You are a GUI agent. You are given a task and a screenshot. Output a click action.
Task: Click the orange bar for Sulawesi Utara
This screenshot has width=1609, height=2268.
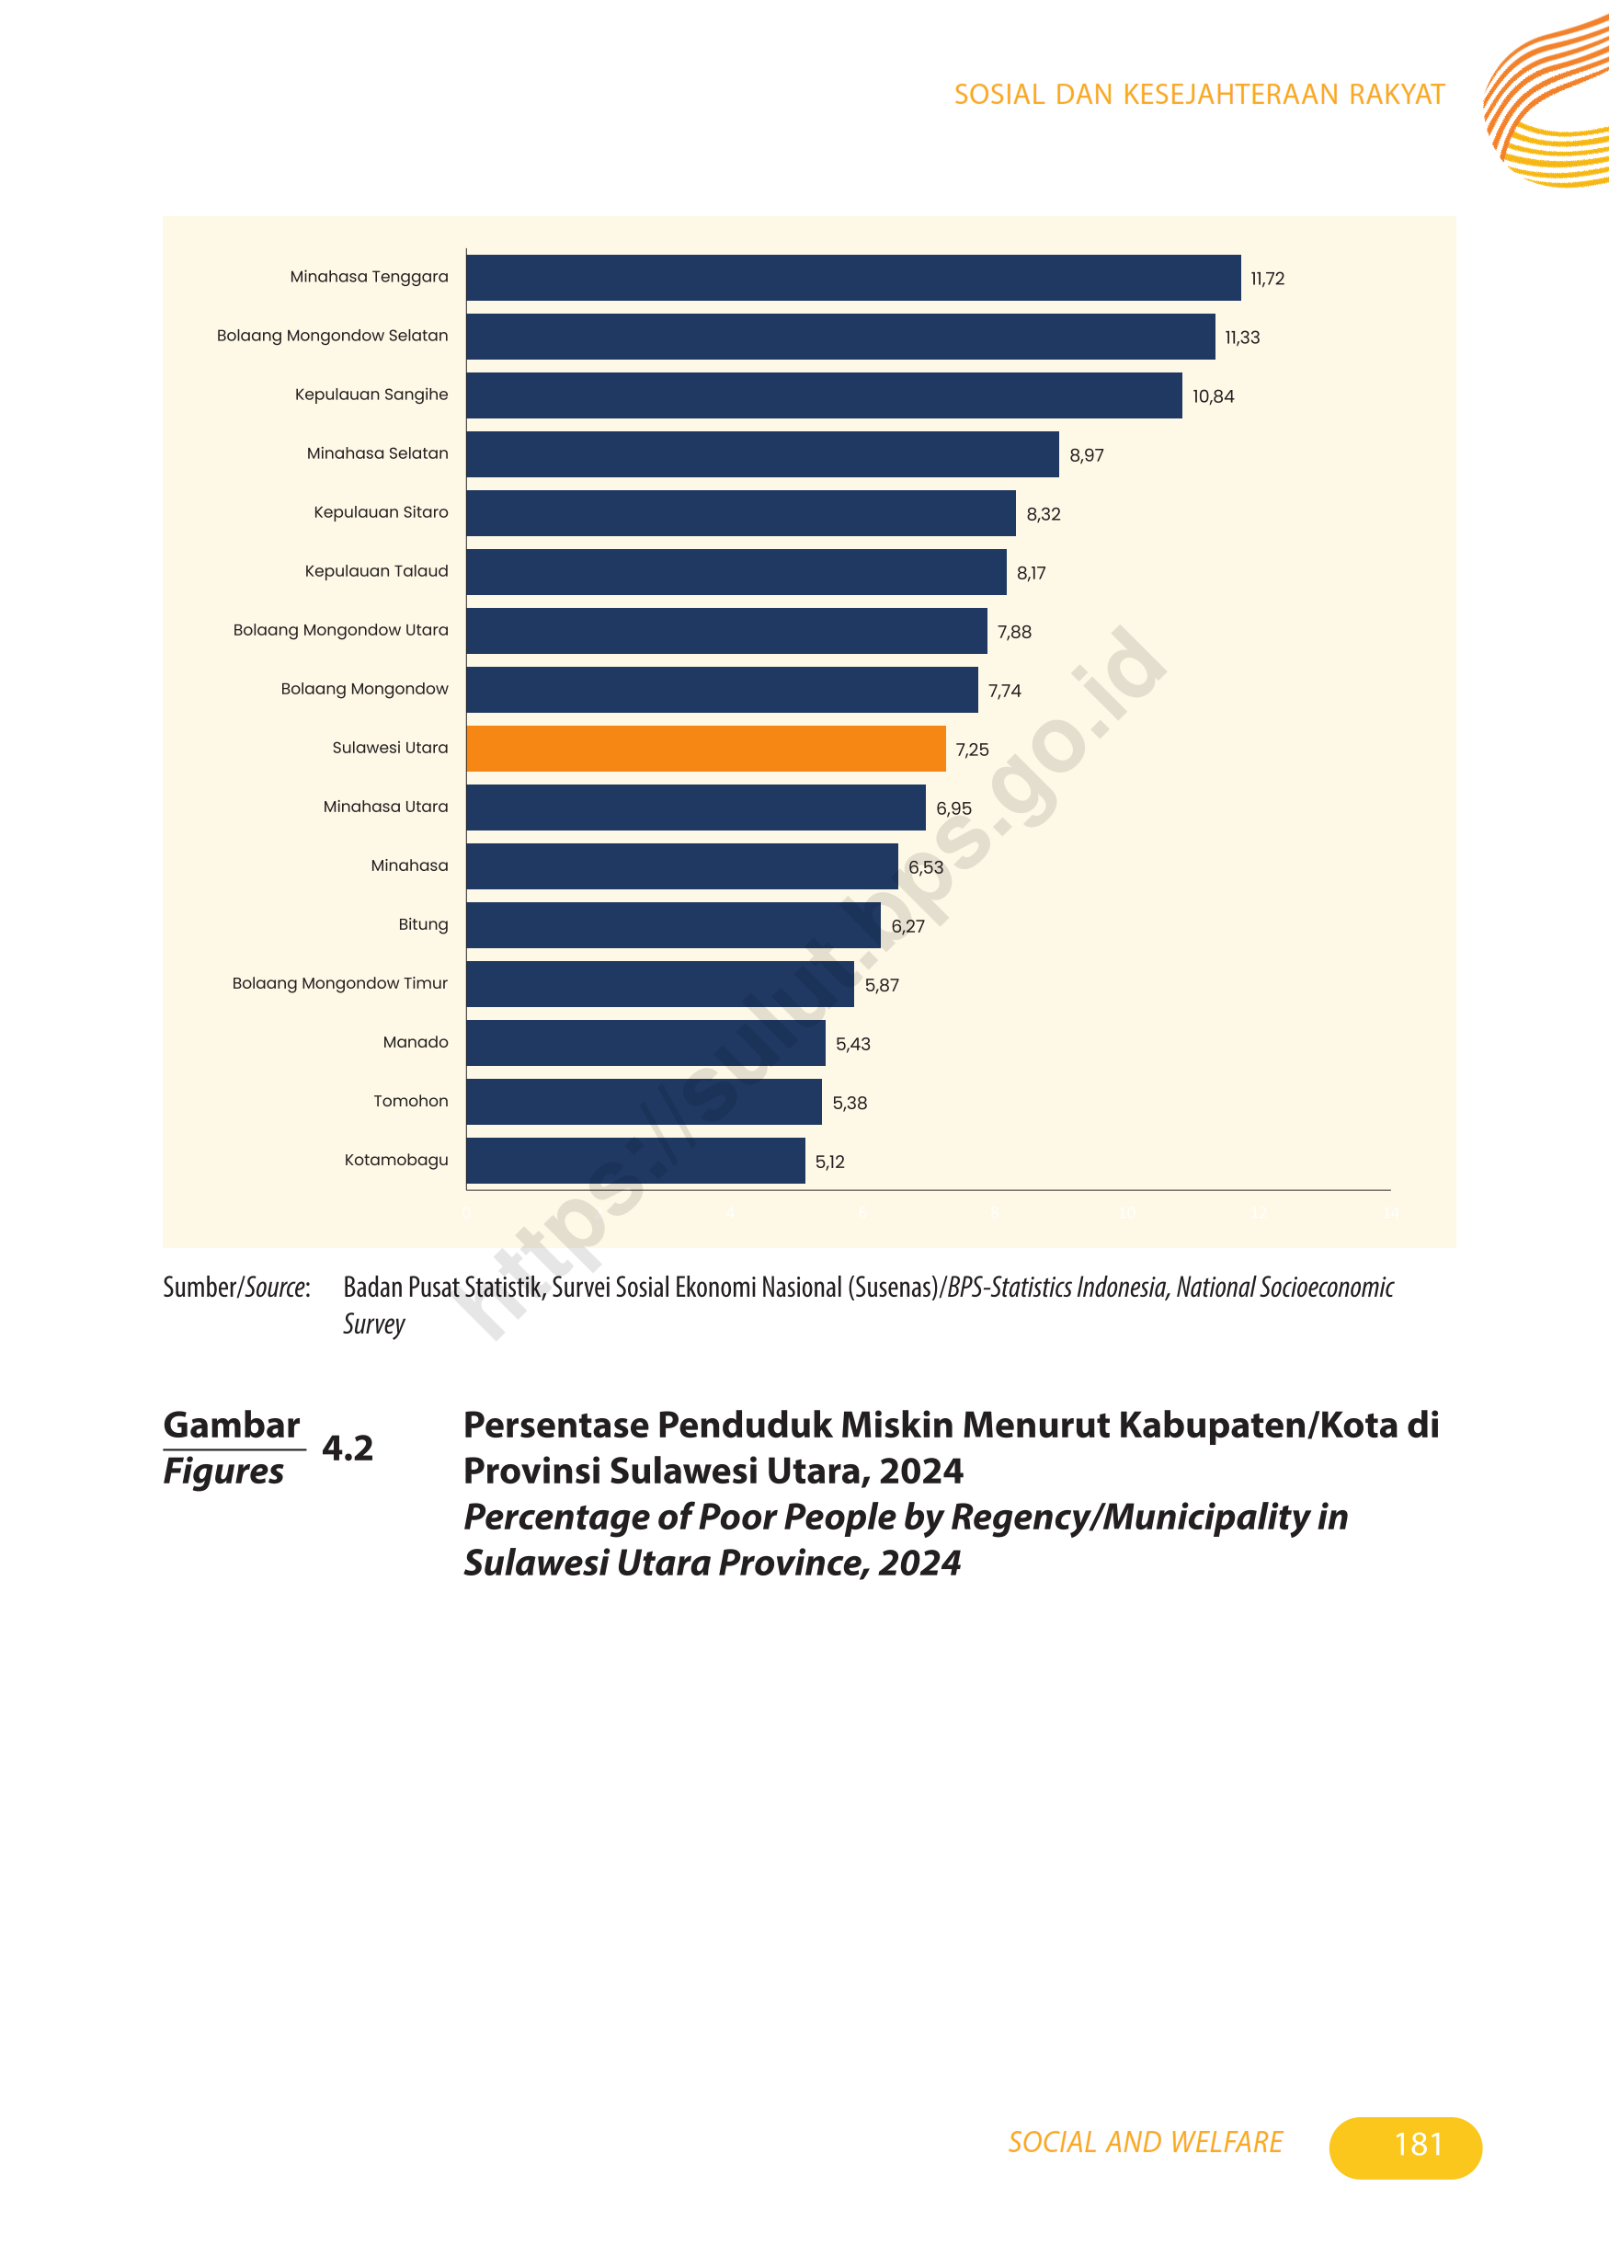(705, 748)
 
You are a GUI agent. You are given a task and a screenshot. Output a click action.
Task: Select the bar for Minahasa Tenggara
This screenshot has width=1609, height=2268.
(852, 278)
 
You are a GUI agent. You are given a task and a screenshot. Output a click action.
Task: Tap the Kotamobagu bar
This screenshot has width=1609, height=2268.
(635, 1161)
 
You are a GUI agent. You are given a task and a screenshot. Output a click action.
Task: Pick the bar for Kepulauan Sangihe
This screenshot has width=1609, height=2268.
(823, 395)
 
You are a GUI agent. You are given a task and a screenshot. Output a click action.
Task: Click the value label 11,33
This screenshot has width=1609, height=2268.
(1241, 338)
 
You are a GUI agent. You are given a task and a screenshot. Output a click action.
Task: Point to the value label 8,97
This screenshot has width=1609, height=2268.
(1086, 456)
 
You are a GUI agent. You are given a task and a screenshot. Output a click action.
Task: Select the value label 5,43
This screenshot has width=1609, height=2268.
(852, 1045)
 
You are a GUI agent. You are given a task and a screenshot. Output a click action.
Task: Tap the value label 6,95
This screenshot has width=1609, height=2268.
(953, 808)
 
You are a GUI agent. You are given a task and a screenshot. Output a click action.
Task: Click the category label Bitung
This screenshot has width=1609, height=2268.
(423, 924)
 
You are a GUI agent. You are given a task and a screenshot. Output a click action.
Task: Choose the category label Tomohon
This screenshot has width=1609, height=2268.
(410, 1101)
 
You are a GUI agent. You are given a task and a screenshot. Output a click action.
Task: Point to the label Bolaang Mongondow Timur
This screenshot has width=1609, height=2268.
(340, 983)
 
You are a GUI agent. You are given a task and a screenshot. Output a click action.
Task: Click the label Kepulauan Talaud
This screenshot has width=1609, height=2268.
(375, 571)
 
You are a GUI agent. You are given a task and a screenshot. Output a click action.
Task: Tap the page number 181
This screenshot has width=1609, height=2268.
(1417, 2144)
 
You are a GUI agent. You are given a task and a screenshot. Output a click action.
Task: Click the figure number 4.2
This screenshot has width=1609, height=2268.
(348, 1448)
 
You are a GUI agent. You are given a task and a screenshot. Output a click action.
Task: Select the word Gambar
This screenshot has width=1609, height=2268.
(231, 1425)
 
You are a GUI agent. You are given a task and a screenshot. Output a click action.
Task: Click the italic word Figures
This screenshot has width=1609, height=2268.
(224, 1472)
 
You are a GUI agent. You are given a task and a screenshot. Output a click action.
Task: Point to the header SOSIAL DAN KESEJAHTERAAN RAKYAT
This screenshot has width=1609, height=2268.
(1199, 94)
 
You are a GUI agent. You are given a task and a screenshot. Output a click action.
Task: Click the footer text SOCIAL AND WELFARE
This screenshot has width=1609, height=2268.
(1145, 2142)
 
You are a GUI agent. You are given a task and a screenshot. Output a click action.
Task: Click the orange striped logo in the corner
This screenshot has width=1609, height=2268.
(1546, 104)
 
